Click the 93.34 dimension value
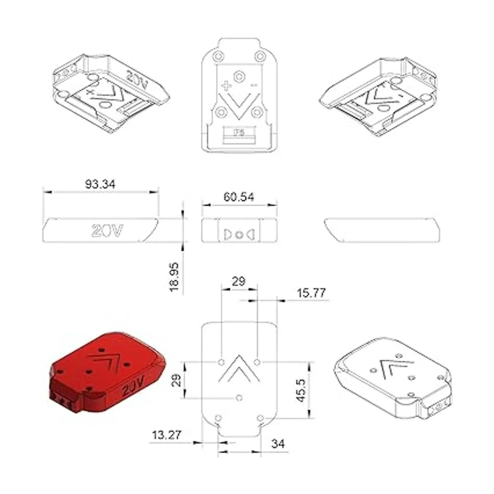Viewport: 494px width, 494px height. point(100,184)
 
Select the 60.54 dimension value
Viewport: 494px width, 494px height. point(239,197)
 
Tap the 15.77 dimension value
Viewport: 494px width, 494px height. point(311,293)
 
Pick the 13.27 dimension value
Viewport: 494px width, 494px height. point(167,435)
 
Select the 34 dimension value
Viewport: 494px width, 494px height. point(278,444)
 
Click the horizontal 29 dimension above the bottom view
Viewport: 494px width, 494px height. point(238,282)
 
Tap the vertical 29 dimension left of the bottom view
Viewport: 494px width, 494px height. point(176,380)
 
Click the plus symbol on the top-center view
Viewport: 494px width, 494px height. point(226,86)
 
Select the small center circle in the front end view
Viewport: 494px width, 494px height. point(239,235)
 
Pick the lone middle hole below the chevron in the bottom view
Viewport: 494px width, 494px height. point(239,398)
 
